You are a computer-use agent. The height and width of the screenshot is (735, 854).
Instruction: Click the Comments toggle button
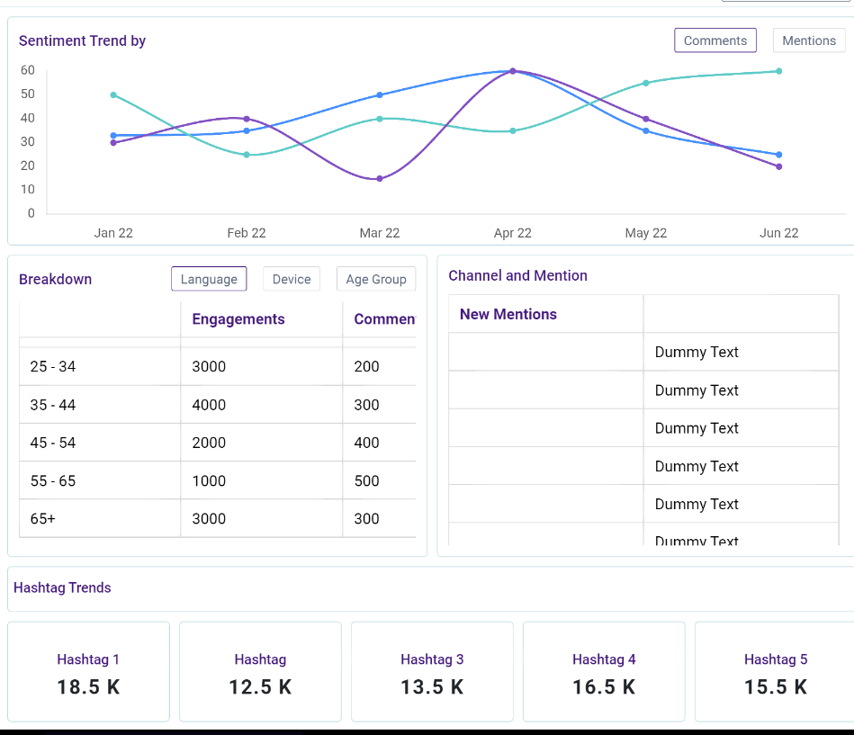pyautogui.click(x=715, y=40)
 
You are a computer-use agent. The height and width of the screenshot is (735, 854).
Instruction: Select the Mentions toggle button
pyautogui.click(x=809, y=40)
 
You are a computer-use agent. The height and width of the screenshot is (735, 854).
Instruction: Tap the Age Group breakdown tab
pyautogui.click(x=376, y=279)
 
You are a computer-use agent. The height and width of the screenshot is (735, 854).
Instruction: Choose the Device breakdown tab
pyautogui.click(x=292, y=279)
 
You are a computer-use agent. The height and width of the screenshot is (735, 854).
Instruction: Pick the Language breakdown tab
pyautogui.click(x=209, y=279)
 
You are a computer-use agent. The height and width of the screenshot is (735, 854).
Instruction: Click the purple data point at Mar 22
pyautogui.click(x=380, y=178)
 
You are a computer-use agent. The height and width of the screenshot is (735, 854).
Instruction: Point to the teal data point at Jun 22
pyautogui.click(x=778, y=71)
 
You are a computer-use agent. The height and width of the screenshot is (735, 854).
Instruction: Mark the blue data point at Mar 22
pyautogui.click(x=380, y=94)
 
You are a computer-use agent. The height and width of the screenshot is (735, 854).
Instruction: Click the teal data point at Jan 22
pyautogui.click(x=113, y=94)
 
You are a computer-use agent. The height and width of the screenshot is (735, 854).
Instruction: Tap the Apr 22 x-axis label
pyautogui.click(x=513, y=233)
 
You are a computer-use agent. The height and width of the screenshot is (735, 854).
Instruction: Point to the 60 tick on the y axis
pyautogui.click(x=28, y=70)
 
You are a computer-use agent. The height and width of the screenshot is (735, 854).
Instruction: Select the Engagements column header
pyautogui.click(x=238, y=319)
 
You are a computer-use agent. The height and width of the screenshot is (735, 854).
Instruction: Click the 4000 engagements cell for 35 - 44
pyautogui.click(x=209, y=405)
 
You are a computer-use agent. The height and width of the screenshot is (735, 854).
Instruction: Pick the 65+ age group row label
pyautogui.click(x=43, y=518)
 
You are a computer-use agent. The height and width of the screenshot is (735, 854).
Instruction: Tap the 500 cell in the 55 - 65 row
pyautogui.click(x=367, y=480)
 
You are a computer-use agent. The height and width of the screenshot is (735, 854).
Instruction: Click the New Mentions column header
pyautogui.click(x=508, y=314)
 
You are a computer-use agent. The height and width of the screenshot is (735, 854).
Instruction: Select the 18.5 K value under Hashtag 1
pyautogui.click(x=88, y=687)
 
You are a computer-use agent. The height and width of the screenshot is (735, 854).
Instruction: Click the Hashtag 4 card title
pyautogui.click(x=604, y=659)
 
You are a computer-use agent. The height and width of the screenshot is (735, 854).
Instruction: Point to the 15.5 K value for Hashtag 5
pyautogui.click(x=776, y=687)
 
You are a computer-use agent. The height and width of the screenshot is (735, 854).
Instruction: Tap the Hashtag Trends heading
pyautogui.click(x=63, y=587)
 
